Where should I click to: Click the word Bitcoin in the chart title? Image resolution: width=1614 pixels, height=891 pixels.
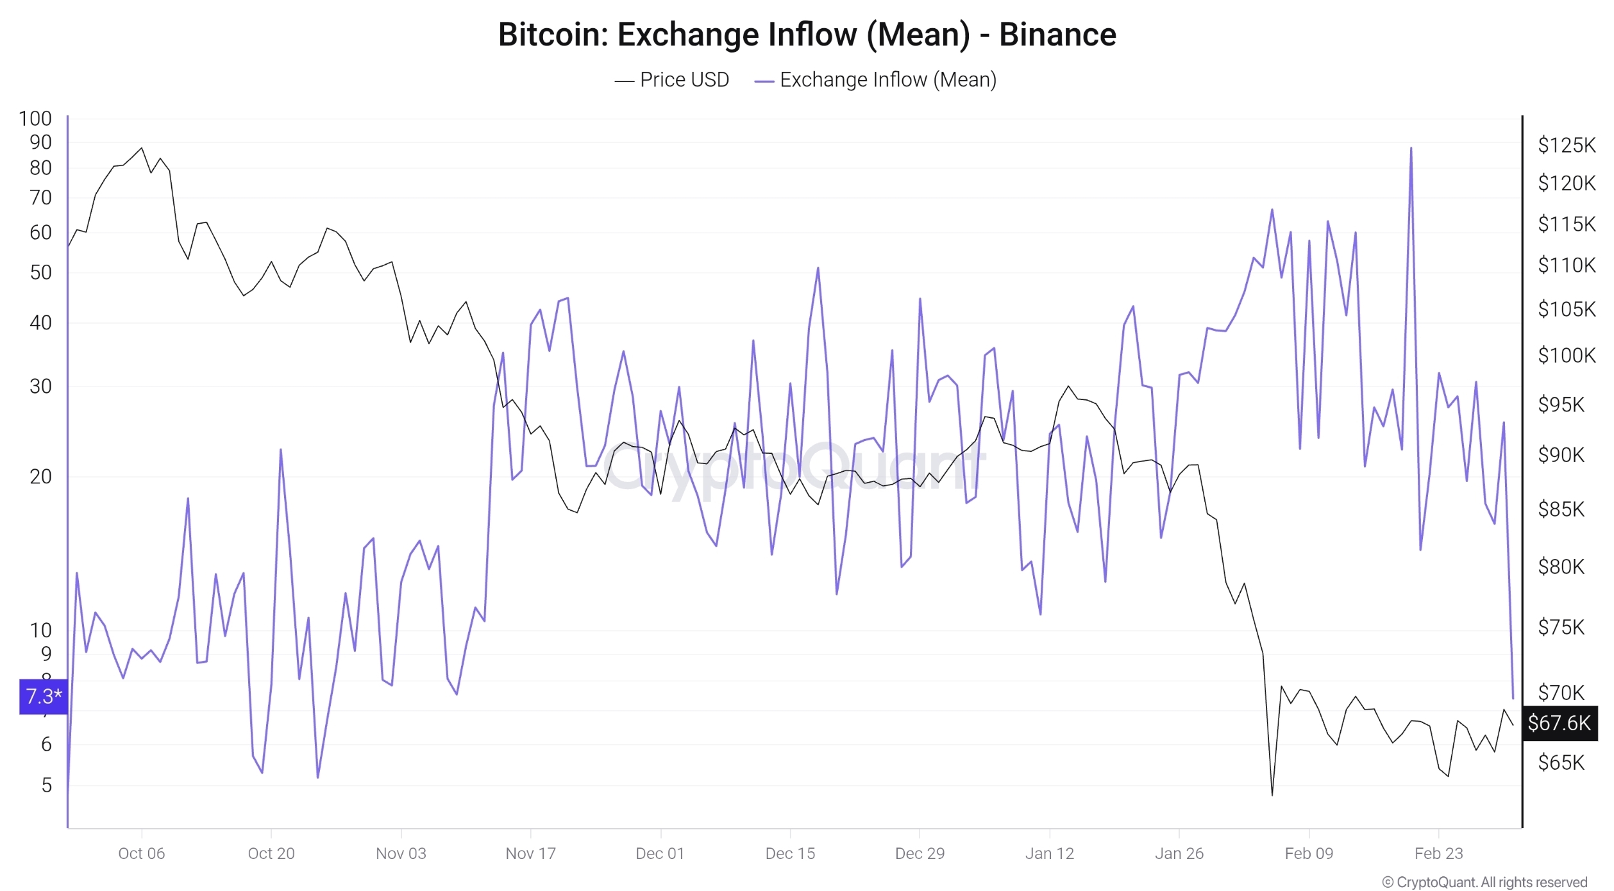(x=552, y=35)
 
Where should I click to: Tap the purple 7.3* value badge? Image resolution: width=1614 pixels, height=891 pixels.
(x=44, y=696)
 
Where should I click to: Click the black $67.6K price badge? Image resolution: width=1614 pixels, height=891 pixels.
(x=1559, y=723)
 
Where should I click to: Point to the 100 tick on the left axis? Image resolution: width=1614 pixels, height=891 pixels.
(x=35, y=119)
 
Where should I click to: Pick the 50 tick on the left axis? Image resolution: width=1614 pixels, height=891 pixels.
(x=40, y=272)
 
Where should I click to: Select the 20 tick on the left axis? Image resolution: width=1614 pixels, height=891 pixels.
(x=40, y=476)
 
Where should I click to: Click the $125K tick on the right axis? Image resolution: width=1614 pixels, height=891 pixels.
(x=1566, y=145)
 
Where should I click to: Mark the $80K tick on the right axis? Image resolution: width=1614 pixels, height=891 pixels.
(x=1561, y=567)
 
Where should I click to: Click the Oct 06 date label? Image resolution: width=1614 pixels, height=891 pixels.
(x=142, y=853)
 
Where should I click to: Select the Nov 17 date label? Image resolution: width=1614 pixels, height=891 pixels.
(x=530, y=853)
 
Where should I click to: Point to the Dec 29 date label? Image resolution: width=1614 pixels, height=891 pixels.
(x=920, y=853)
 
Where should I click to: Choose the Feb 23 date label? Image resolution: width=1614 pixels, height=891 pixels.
(x=1438, y=853)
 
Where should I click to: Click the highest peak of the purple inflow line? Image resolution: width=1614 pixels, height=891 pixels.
(x=1411, y=149)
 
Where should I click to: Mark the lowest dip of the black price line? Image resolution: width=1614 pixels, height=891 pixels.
(x=1272, y=795)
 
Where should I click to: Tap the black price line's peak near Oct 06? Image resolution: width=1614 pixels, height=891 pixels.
(x=142, y=148)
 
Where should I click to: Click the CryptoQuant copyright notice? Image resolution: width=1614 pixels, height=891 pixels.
(x=1485, y=882)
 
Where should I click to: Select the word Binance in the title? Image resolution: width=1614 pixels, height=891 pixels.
(x=1057, y=35)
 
